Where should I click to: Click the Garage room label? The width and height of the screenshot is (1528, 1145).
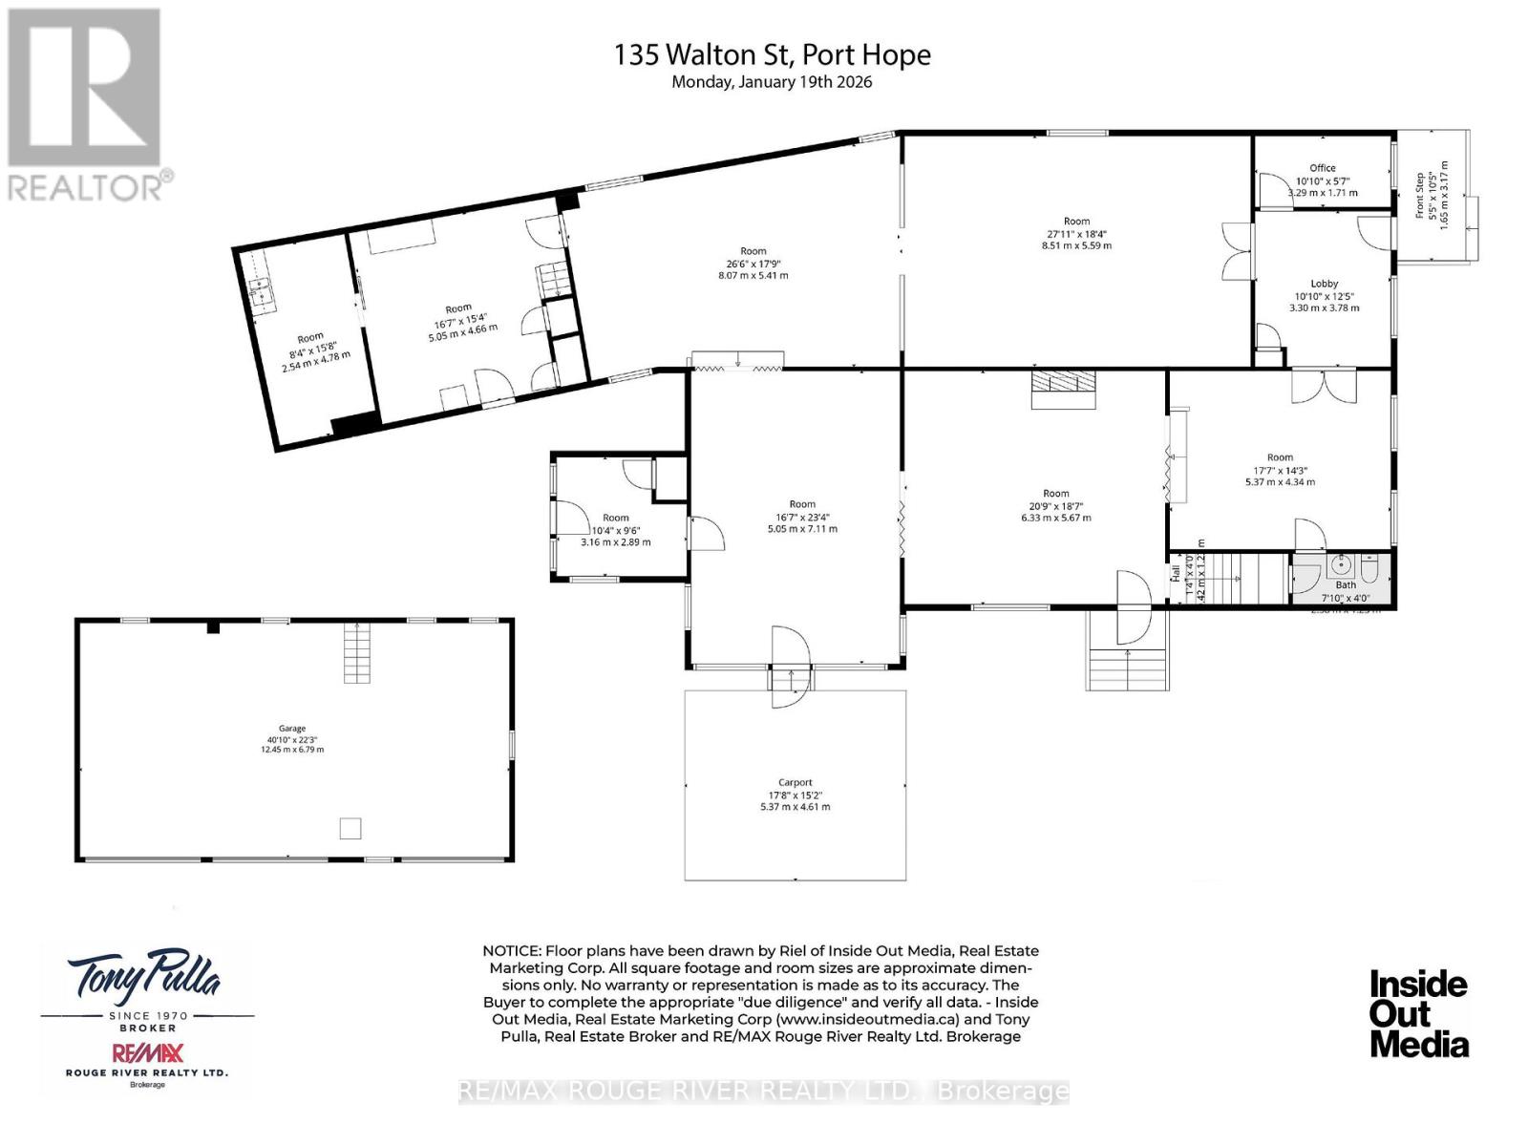[292, 728]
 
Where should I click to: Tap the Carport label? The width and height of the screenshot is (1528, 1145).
[795, 782]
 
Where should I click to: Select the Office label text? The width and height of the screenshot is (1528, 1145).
[1323, 168]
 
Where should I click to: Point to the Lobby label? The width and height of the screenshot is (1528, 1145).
[1324, 284]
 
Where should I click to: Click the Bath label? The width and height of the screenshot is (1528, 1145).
[1346, 585]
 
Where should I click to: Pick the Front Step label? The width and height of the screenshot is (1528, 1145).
[1420, 196]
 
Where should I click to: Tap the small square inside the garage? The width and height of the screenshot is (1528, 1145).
[350, 828]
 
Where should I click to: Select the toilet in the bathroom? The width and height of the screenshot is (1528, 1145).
[1369, 570]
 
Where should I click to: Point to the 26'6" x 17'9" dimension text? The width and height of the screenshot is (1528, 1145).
[753, 264]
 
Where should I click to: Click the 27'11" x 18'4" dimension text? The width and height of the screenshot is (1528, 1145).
[1076, 234]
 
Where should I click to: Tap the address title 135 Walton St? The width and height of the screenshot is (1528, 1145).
[772, 54]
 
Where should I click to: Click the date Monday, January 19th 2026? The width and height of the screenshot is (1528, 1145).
[772, 82]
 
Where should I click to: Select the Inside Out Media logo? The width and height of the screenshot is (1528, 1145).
[1419, 1014]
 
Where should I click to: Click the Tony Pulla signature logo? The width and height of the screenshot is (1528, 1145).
[143, 977]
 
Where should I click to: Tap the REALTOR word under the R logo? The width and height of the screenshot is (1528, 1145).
[86, 186]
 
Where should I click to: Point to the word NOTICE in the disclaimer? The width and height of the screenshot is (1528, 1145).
[511, 951]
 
